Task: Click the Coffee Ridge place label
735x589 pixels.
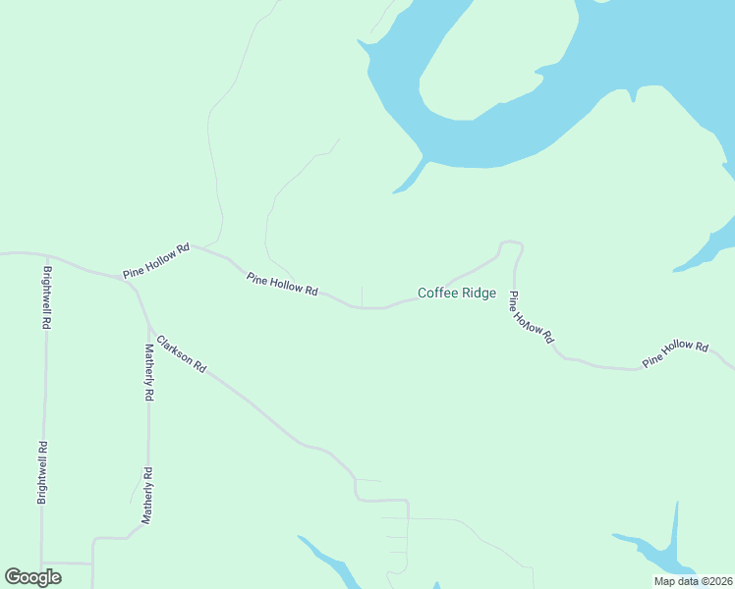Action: tap(457, 293)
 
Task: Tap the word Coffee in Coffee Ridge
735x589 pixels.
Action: tap(438, 293)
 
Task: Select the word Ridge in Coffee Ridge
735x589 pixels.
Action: tap(478, 293)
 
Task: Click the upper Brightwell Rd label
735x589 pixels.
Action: tap(46, 295)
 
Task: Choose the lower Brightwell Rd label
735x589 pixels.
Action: tap(43, 471)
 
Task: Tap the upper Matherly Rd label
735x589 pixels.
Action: tap(149, 372)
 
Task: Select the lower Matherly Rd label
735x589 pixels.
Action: tap(147, 496)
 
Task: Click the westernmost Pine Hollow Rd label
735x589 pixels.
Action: tap(155, 260)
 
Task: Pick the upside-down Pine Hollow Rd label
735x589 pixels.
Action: tap(531, 316)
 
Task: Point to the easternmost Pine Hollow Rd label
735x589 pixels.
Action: tap(675, 353)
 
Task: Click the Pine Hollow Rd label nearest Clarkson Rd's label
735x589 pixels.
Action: tap(283, 285)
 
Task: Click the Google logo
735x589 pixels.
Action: tap(32, 577)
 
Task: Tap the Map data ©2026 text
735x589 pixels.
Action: tap(694, 581)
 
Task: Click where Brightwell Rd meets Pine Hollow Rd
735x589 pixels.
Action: tap(45, 258)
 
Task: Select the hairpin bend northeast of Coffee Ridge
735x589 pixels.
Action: tap(511, 242)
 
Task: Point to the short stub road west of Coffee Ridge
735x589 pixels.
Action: tap(363, 295)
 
